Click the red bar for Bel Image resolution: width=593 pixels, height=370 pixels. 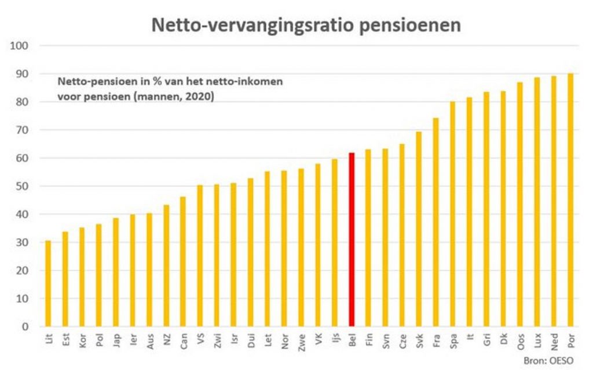[x=352, y=240]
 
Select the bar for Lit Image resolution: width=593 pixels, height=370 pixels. [x=48, y=284]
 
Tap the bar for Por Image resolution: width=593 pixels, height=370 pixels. [x=570, y=200]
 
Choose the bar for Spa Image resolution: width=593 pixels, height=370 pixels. [x=453, y=214]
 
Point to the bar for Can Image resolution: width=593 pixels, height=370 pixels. [x=183, y=262]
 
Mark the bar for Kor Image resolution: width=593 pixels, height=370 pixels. [x=82, y=277]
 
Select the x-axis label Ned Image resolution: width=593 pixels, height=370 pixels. [x=554, y=339]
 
